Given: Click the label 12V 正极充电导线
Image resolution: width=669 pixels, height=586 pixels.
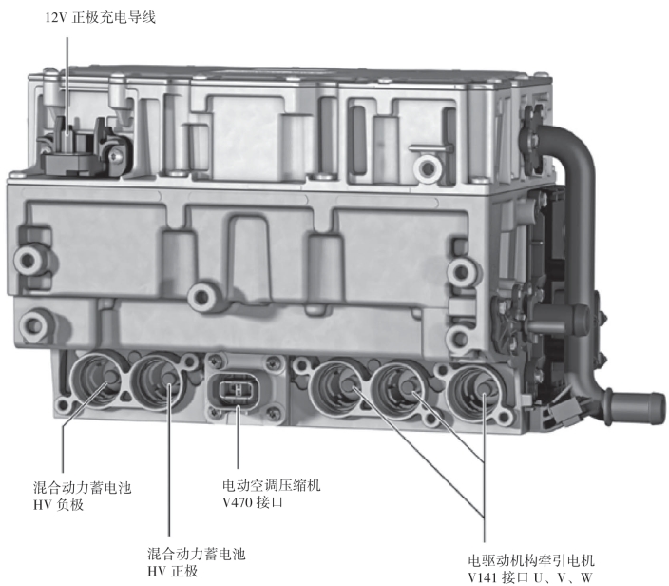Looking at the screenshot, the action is tap(101, 18).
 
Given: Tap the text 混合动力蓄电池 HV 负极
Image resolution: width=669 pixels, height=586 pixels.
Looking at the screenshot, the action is tap(83, 497).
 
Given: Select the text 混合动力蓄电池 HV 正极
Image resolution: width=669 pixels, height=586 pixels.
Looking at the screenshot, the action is tap(197, 562).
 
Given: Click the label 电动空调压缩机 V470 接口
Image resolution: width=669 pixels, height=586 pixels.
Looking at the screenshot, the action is tap(272, 494).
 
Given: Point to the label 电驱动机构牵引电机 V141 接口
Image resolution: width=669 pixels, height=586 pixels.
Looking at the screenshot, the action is tap(531, 569).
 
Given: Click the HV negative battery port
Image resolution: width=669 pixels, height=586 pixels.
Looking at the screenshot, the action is tap(97, 379).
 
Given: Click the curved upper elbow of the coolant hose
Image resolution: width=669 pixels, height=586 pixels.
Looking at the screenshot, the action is tap(572, 146).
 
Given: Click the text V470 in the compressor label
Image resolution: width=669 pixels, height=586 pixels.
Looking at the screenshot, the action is tap(238, 502).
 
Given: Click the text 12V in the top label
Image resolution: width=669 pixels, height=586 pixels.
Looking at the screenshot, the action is tap(56, 18).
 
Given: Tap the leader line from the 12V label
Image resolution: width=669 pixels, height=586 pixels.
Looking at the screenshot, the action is tap(67, 86).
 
